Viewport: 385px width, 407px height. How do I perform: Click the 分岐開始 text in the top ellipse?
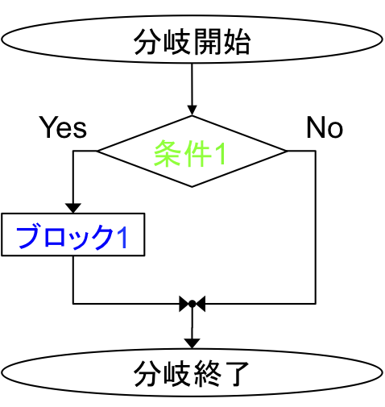192,42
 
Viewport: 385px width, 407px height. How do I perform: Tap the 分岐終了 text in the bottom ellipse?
192,374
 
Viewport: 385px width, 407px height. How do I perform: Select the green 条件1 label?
189,154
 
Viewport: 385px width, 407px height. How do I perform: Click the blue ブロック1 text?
72,237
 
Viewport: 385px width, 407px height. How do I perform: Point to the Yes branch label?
63,127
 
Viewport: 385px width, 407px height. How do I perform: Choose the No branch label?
325,127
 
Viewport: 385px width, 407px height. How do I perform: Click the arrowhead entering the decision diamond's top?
192,110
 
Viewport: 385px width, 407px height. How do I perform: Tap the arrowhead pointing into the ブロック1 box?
73,208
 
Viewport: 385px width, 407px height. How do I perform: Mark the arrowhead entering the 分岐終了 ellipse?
192,343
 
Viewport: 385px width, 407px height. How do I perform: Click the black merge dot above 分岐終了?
192,304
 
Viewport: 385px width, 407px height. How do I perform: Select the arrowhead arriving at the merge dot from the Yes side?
184,304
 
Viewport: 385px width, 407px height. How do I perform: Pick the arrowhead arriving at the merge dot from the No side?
201,304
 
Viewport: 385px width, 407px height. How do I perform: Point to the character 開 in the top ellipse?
207,42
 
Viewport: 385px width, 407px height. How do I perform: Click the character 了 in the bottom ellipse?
236,374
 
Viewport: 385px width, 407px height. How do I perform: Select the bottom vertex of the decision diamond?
192,187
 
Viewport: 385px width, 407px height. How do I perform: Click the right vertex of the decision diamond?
287,152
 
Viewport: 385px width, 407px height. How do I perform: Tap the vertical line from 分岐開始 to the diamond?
192,85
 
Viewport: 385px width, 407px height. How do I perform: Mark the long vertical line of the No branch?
316,227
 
